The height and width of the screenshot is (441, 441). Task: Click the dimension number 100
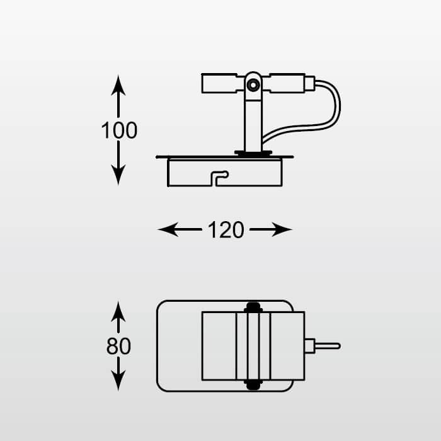(119, 130)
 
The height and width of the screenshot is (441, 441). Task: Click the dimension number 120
(226, 230)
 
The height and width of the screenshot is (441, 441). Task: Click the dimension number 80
(118, 346)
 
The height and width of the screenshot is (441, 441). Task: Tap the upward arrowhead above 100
(118, 85)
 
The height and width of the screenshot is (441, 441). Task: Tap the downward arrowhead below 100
(118, 175)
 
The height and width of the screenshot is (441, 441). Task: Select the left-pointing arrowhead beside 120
(168, 229)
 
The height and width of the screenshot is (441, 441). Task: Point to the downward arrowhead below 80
(118, 381)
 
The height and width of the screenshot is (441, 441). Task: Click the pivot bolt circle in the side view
(253, 85)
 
